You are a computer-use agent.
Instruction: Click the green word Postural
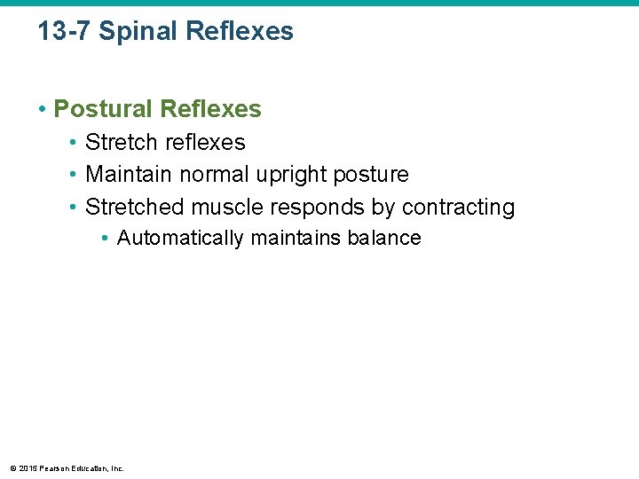[103, 109]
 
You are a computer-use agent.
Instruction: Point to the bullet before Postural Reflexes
[42, 110]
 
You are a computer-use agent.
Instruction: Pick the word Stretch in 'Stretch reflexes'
[121, 142]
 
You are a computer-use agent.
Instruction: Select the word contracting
[458, 208]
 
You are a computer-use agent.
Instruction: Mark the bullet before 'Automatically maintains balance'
[105, 239]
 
